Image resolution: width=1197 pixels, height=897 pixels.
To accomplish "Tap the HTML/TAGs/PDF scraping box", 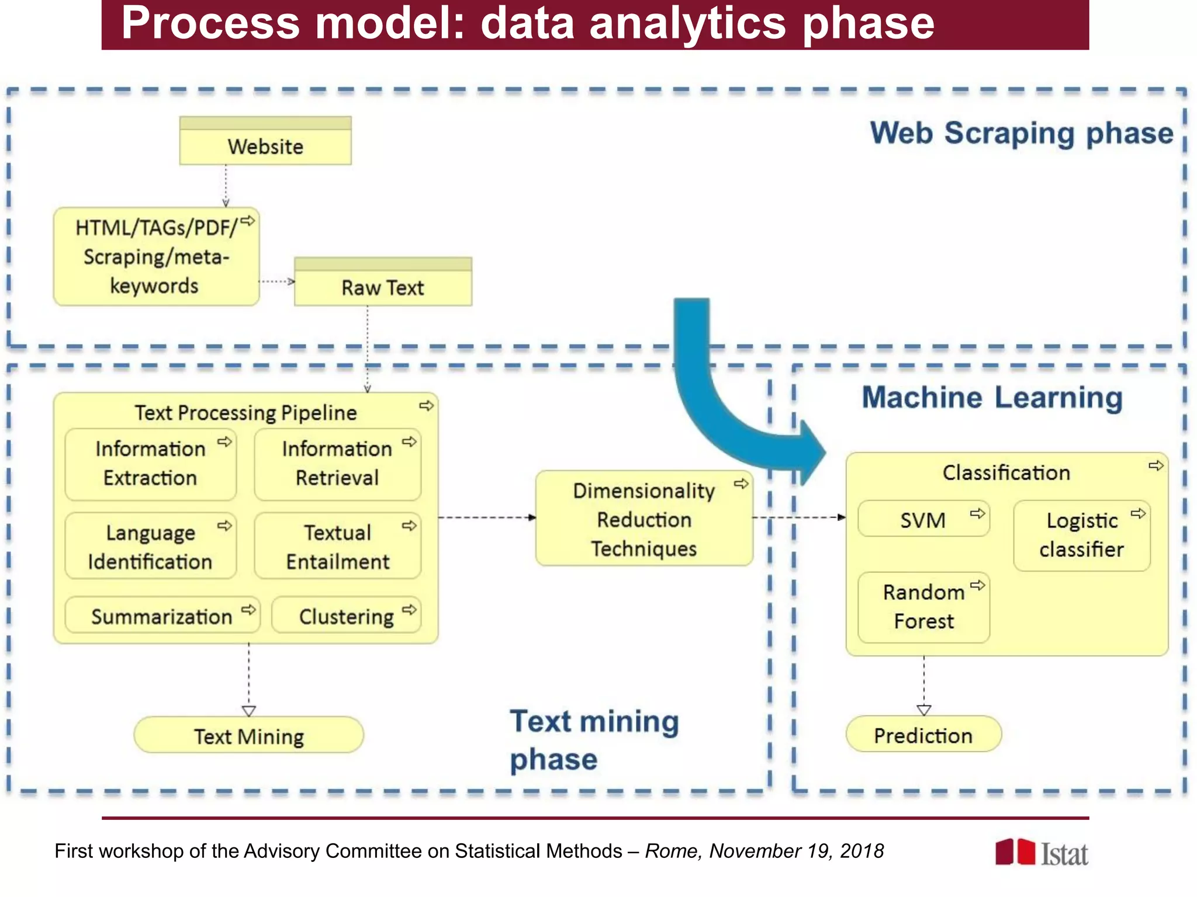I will click(x=156, y=257).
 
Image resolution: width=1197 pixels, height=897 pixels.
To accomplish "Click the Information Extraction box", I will click(x=150, y=464).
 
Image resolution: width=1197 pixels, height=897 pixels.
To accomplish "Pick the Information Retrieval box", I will click(x=337, y=464).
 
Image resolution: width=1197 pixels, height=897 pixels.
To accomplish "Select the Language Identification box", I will click(x=150, y=547).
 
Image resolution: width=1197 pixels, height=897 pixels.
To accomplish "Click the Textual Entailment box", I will click(x=337, y=547).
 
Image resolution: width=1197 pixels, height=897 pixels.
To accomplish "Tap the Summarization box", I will click(x=162, y=616).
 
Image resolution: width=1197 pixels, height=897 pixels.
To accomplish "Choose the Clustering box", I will click(x=346, y=616).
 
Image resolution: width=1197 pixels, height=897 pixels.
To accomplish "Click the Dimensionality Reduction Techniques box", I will click(x=644, y=519).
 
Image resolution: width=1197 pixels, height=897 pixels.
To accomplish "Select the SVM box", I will click(x=923, y=519).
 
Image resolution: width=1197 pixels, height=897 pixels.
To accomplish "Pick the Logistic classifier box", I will click(x=1081, y=536).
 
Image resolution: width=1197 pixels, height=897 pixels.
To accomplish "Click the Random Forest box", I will click(x=923, y=607).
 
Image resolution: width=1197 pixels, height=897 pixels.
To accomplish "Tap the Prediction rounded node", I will click(x=923, y=735).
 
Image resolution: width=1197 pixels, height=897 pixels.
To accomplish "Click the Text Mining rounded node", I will click(x=248, y=736).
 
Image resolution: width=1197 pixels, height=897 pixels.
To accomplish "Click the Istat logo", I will click(x=1042, y=853).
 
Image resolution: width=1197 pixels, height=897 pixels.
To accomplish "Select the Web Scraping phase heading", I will click(x=1022, y=133).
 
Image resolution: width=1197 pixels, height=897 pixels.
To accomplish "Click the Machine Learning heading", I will click(x=992, y=398).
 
